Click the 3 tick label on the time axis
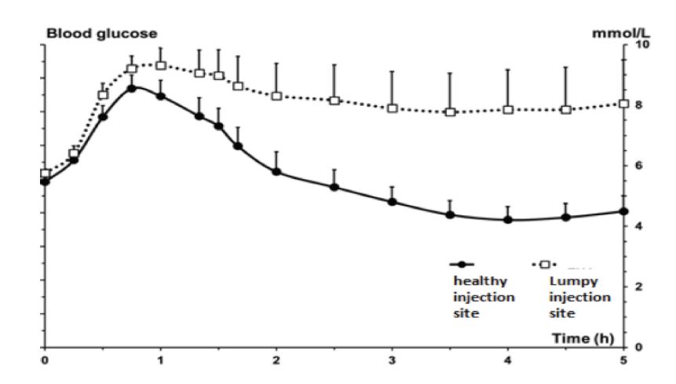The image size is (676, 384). click(392, 360)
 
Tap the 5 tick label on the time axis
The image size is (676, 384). click(623, 360)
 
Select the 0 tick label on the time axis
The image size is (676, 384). click(46, 360)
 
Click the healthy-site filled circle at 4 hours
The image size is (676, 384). click(507, 220)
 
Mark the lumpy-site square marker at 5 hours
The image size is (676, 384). click(623, 104)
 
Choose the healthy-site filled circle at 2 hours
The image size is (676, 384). click(276, 171)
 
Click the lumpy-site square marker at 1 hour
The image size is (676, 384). click(161, 65)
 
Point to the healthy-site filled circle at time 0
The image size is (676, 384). click(46, 181)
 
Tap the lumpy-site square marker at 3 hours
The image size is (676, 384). click(392, 108)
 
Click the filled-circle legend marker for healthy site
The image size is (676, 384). click(464, 265)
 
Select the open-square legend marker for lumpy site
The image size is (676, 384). click(544, 265)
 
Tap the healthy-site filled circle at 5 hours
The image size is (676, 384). click(623, 211)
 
